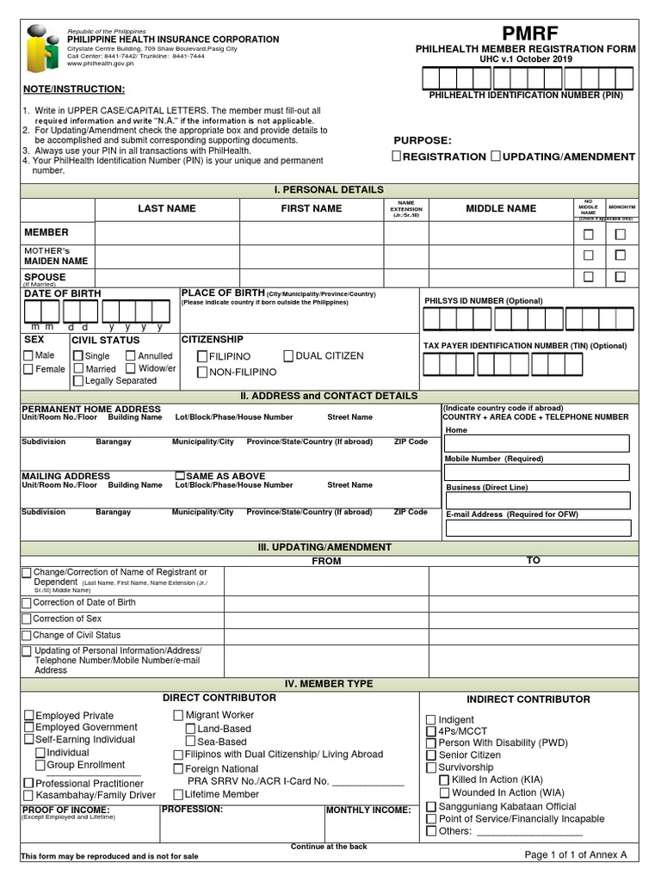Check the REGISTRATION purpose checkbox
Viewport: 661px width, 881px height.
(x=397, y=157)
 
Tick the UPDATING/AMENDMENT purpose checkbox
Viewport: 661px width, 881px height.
(x=496, y=157)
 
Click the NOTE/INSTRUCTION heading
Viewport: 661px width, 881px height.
(x=73, y=89)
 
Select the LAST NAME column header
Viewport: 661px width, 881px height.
(x=167, y=208)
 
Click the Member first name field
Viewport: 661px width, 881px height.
(x=311, y=233)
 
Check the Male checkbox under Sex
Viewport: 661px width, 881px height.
(x=28, y=355)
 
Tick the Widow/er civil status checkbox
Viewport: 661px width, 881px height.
(x=131, y=368)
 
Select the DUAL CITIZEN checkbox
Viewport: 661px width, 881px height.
(x=288, y=355)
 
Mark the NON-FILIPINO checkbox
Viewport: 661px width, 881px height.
(x=202, y=373)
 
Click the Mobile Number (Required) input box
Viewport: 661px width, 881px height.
(x=537, y=472)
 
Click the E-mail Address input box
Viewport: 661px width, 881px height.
(x=537, y=527)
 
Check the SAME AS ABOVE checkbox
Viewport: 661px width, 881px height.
(x=180, y=476)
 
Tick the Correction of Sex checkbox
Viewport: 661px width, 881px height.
(x=27, y=619)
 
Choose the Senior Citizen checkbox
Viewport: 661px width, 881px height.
(x=431, y=755)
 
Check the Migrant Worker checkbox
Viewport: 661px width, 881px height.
(x=178, y=715)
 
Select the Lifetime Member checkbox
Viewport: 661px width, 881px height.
(x=178, y=794)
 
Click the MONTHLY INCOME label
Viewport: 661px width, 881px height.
(x=368, y=810)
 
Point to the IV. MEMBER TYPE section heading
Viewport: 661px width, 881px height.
(x=330, y=684)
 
